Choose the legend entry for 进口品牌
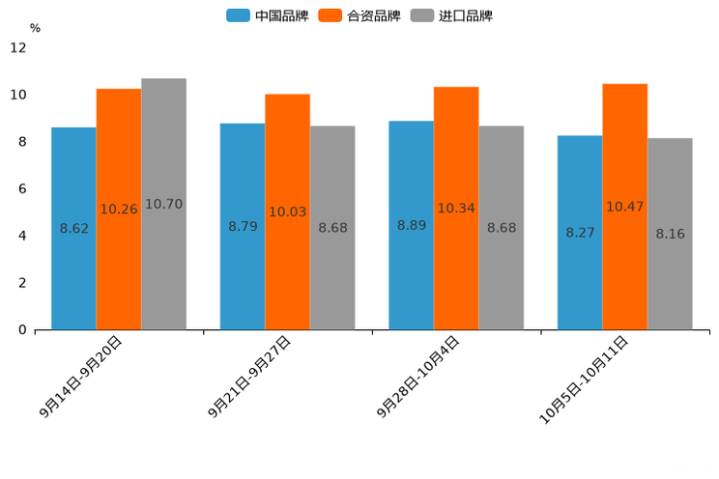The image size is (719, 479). point(451,15)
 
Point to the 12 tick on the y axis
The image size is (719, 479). point(18,47)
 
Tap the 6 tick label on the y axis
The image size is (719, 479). point(22,188)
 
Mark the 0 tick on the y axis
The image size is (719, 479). point(22,330)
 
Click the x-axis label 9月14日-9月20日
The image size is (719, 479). point(82,377)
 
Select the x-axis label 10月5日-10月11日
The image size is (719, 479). point(584,380)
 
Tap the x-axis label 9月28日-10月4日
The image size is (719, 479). point(418,377)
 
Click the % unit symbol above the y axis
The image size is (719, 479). point(35,28)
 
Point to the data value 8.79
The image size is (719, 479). point(243,226)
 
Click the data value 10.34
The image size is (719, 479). point(456,208)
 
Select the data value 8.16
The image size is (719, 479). point(670,234)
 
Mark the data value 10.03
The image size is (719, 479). point(287,211)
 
